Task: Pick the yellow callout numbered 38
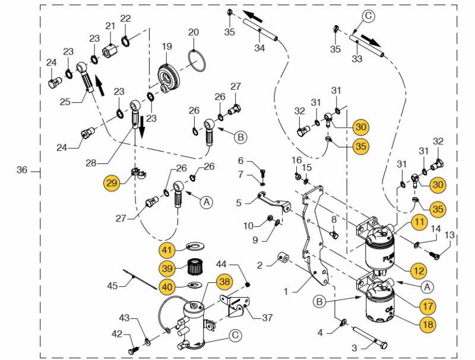point(224,281)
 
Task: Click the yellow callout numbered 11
point(420,223)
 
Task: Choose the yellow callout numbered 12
point(419,271)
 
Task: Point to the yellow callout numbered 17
point(426,307)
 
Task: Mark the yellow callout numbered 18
point(426,324)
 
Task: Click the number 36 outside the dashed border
point(22,170)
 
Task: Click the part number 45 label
point(112,285)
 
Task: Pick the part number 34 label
point(259,48)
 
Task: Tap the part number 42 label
point(118,334)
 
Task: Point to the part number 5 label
point(239,203)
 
